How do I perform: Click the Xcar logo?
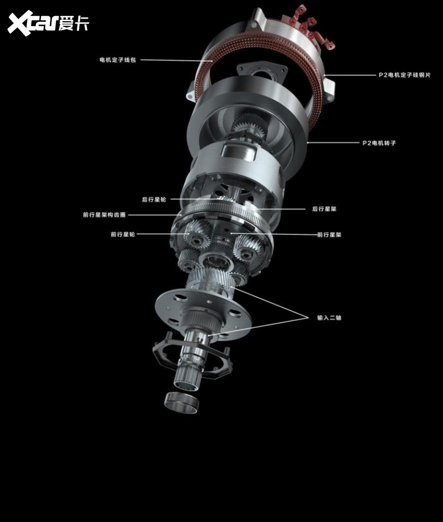(48, 23)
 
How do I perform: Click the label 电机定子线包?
(118, 60)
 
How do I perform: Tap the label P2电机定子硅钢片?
(405, 75)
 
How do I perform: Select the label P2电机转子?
(379, 143)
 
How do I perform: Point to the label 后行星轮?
(154, 199)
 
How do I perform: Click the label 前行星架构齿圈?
(105, 215)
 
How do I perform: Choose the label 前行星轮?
(123, 234)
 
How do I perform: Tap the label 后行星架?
(324, 209)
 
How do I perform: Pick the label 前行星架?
(329, 235)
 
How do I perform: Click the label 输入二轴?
(329, 317)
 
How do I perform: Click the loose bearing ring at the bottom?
(182, 403)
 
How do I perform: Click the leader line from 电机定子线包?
(176, 60)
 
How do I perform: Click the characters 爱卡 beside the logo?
(74, 23)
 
